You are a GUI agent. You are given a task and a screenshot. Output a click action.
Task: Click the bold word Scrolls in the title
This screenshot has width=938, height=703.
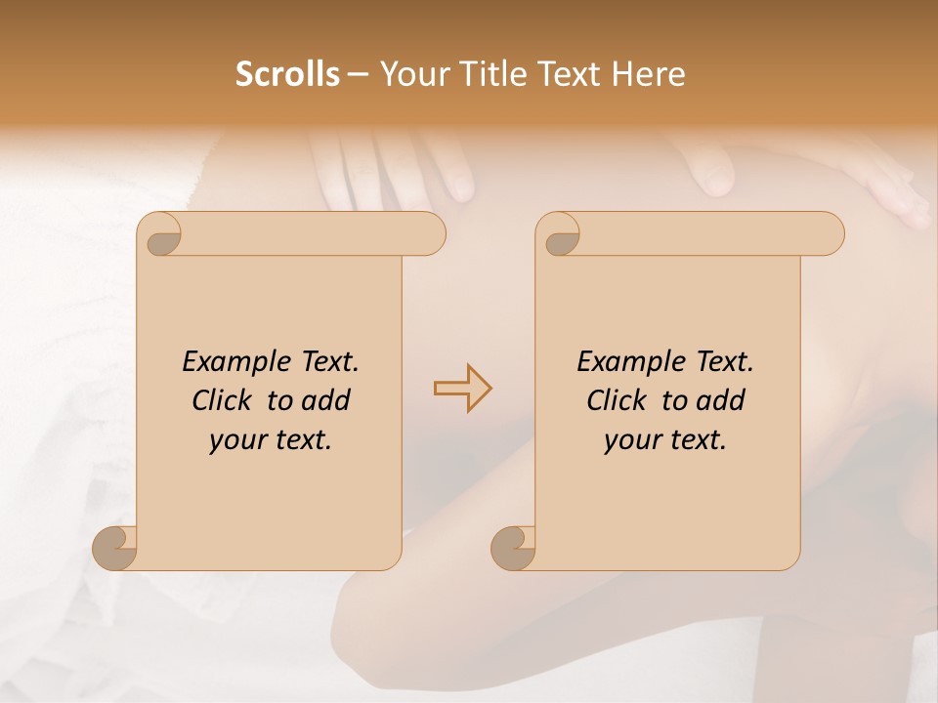coord(287,74)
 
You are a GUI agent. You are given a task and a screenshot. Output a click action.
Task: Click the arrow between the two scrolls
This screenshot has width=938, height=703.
coord(462,389)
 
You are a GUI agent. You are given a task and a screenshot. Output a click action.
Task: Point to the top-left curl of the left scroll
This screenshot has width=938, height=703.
coord(161,235)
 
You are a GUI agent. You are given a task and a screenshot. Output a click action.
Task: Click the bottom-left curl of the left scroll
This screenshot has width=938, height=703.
coord(114,548)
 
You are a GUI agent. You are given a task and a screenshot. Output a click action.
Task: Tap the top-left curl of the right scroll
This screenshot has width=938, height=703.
coord(560,235)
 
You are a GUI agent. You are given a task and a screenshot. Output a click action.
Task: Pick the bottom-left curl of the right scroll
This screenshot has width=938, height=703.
coord(513,548)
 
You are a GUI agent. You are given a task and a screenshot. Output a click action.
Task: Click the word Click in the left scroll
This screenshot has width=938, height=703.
coord(220,400)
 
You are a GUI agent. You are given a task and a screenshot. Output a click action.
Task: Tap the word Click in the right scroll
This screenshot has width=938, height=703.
coord(615,400)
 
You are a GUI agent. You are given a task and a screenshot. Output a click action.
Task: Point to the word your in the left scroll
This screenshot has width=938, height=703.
coord(237,440)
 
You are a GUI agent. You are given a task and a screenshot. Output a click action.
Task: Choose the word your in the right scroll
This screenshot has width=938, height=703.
coord(632,440)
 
